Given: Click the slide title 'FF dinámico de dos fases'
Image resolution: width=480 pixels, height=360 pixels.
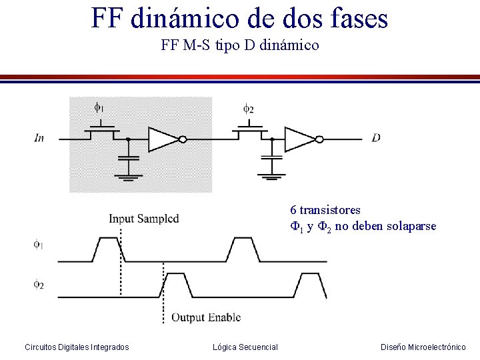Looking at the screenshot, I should [x=239, y=18].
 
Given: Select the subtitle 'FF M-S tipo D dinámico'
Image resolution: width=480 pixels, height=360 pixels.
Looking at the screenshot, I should [x=240, y=46].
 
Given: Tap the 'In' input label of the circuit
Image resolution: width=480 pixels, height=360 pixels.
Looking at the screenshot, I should [x=39, y=138].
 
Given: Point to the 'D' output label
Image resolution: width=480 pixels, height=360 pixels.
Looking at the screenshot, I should [x=376, y=138].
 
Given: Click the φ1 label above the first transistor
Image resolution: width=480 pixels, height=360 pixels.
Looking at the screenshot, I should [x=98, y=107].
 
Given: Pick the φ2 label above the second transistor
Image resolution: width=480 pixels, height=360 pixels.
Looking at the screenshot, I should [x=247, y=107].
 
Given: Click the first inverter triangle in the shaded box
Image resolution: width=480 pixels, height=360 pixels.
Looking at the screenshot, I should [x=163, y=139].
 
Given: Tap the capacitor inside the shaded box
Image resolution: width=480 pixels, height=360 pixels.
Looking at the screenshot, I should [x=128, y=158].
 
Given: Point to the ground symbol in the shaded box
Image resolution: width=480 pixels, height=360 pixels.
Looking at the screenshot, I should [x=128, y=177].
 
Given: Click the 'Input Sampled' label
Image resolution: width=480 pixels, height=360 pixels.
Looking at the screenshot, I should [x=143, y=219].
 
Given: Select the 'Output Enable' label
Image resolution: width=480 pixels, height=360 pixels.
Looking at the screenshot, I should [x=206, y=317].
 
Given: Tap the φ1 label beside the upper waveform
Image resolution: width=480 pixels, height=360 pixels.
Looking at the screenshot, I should [x=39, y=245].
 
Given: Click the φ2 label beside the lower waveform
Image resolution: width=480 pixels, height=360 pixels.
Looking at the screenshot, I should [x=39, y=285].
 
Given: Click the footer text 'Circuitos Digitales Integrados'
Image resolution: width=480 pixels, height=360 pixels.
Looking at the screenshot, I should [x=77, y=347].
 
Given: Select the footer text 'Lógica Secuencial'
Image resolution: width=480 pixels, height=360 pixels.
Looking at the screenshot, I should [x=245, y=347].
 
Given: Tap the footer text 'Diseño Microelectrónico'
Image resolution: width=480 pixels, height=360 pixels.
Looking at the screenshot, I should [x=423, y=347].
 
